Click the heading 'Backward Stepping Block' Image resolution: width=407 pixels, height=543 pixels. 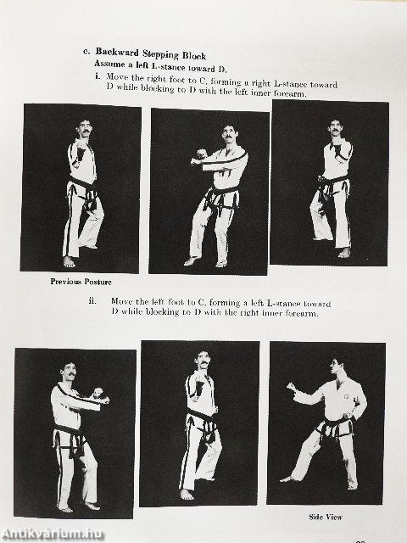point(150,55)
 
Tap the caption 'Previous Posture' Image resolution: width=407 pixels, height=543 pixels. point(81,282)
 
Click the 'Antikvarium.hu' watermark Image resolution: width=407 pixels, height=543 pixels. point(53,534)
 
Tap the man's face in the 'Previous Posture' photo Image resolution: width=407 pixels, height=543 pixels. point(83,128)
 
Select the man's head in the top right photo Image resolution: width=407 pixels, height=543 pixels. point(336,128)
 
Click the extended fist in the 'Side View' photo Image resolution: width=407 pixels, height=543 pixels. point(292,388)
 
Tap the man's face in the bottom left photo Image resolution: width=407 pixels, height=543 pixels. point(70,370)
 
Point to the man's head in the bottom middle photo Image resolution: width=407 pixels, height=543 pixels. point(202,360)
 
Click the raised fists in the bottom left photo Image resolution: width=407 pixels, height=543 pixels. point(99,395)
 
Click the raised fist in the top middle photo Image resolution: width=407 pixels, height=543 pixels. point(199,157)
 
